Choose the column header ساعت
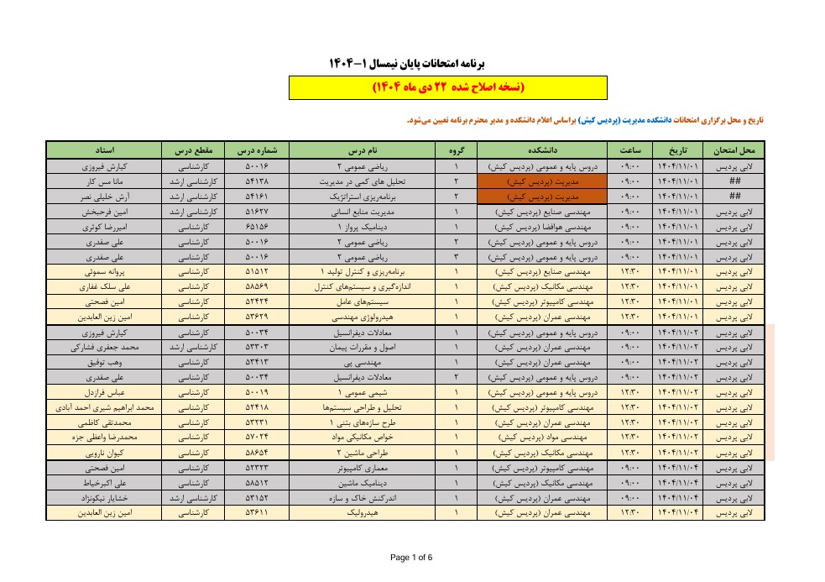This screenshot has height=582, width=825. click(x=629, y=150)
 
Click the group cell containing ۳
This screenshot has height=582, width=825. click(x=455, y=257)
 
